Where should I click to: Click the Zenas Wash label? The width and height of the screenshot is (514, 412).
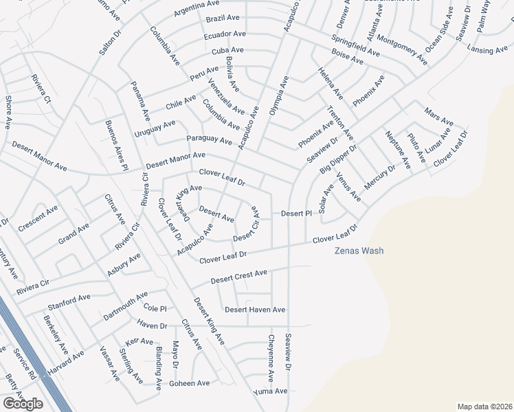[x=359, y=251]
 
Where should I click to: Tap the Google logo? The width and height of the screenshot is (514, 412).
[x=23, y=404]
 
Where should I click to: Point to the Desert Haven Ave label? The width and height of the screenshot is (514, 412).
[x=255, y=310]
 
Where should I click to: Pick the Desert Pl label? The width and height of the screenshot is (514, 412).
[x=297, y=214]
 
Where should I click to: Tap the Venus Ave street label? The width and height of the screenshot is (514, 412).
[x=348, y=187]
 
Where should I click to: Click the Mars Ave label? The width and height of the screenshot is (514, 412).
[x=436, y=111]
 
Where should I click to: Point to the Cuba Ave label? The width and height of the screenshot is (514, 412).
[x=227, y=51]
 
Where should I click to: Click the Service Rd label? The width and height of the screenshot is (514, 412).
[x=24, y=363]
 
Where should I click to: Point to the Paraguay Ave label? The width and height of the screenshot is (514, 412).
[x=209, y=140]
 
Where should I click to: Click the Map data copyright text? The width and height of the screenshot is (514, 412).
[x=484, y=407]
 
